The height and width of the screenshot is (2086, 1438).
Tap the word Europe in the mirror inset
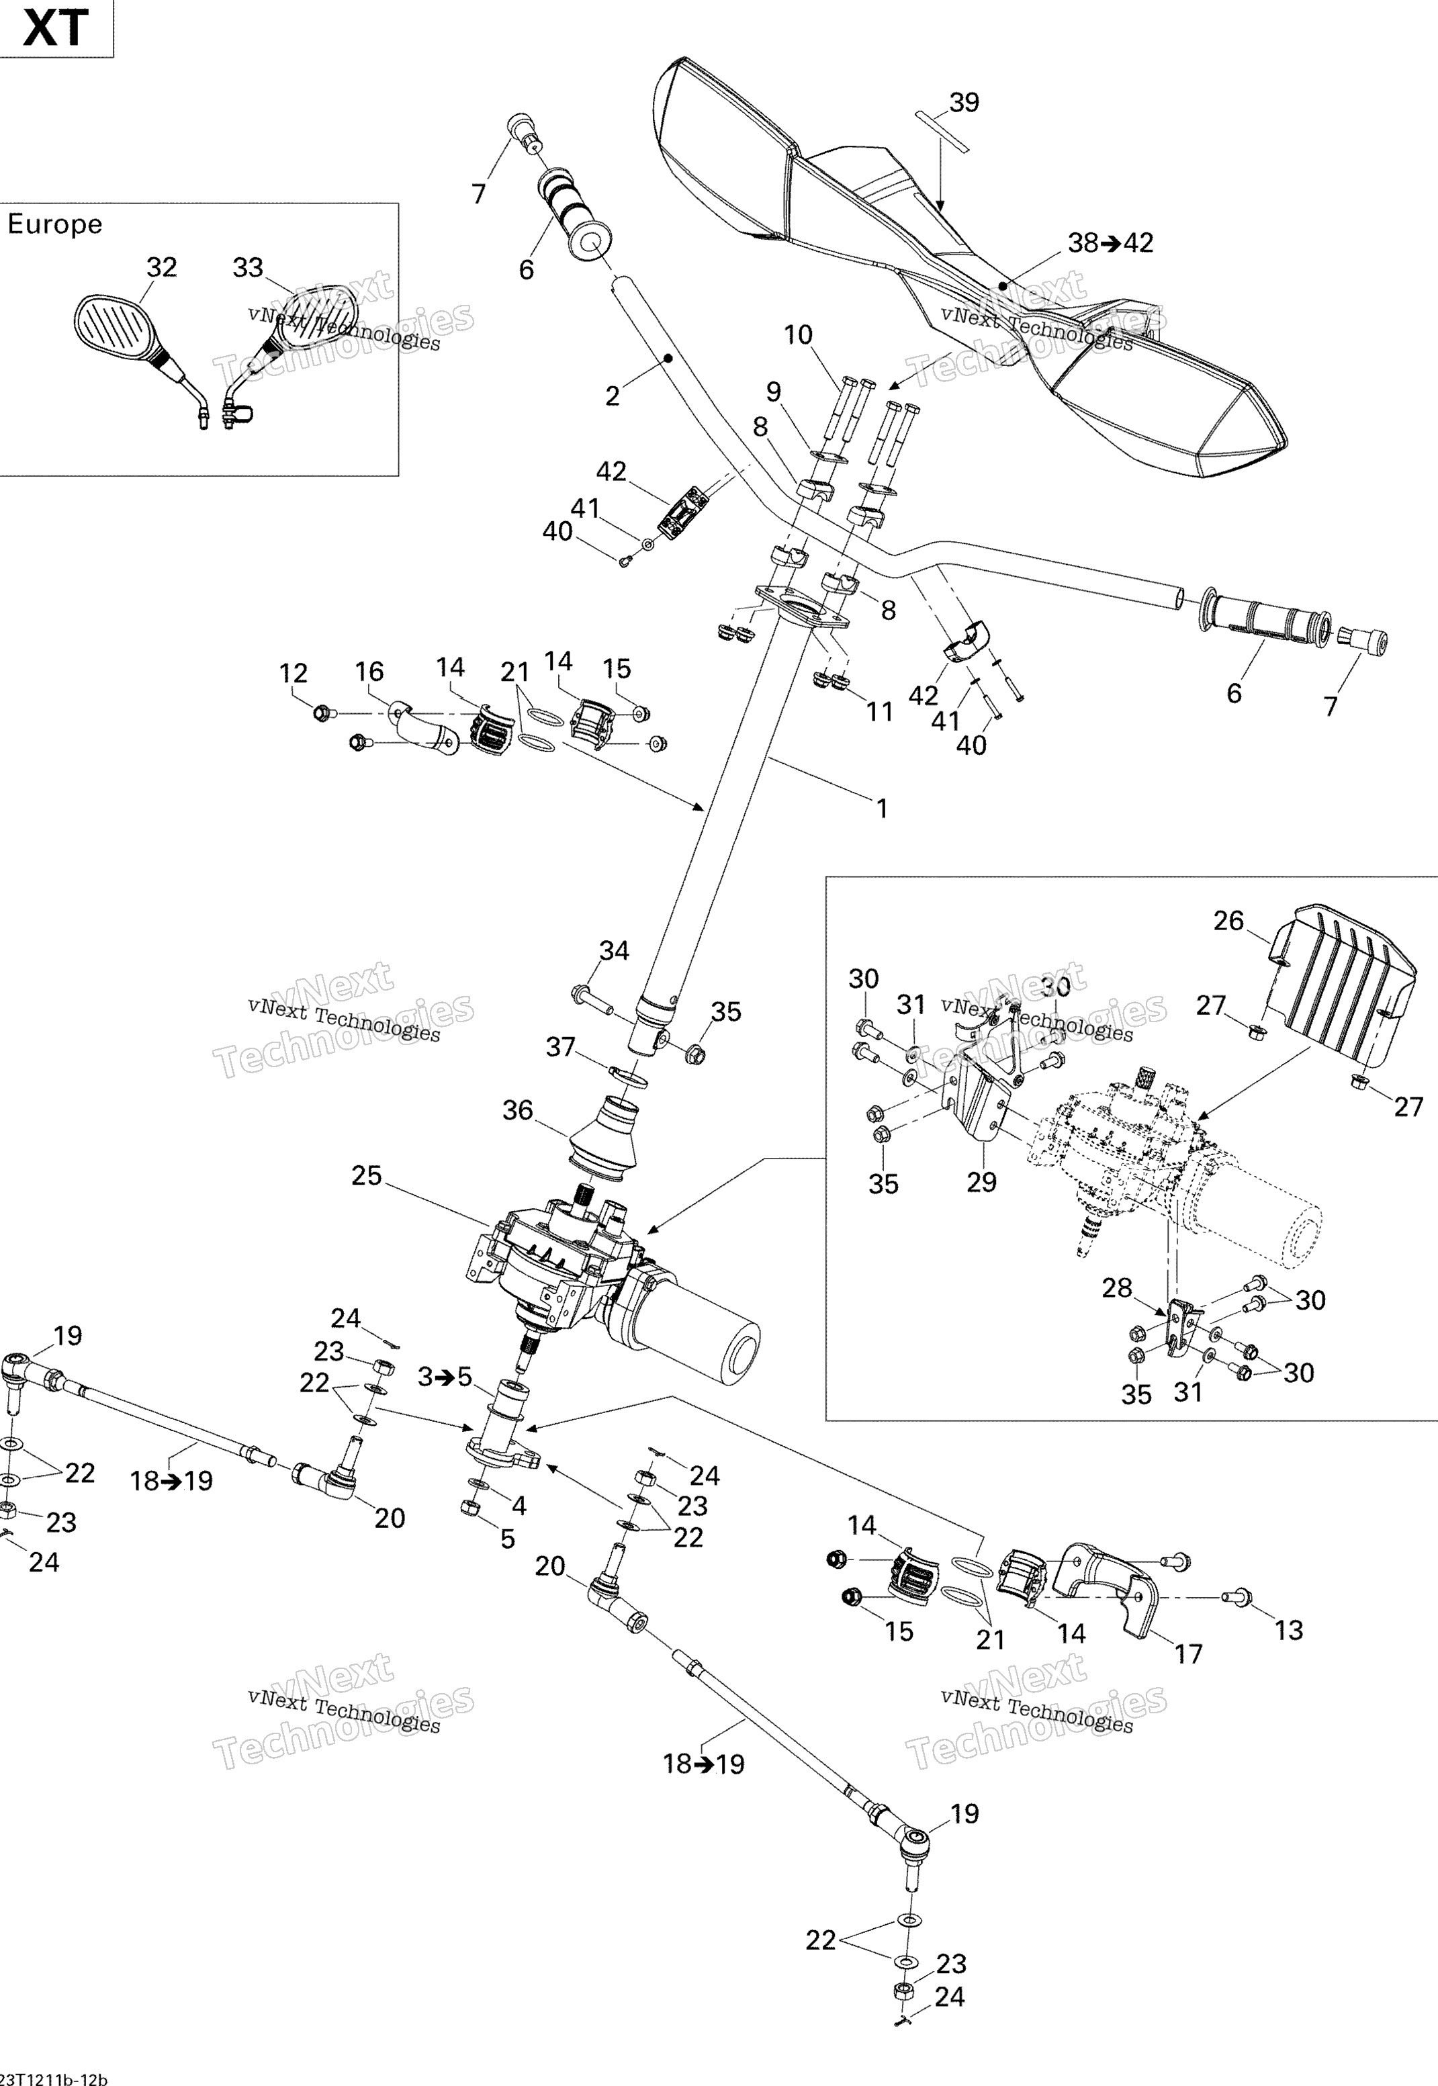coord(55,224)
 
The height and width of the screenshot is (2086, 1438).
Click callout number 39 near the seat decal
coord(964,103)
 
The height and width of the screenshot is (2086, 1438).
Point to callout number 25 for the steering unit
coord(367,1175)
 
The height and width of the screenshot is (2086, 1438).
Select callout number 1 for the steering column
coord(882,809)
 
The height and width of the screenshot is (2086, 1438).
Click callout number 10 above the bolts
coord(799,335)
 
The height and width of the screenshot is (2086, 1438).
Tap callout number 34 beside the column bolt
coord(615,951)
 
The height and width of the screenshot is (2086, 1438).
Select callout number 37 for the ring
coord(560,1046)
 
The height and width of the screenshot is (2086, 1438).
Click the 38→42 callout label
coord(1110,242)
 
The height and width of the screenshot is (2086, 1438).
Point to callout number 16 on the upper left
coord(369,671)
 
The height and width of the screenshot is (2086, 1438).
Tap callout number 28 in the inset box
coord(1116,1288)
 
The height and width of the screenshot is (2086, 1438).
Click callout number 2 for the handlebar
coord(613,396)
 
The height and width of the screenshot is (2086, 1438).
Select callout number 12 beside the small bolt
coord(294,673)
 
